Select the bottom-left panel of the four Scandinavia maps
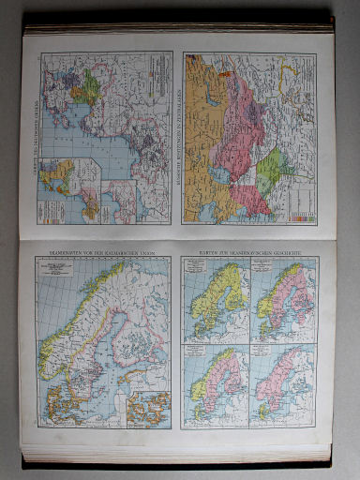(x=215, y=384)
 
